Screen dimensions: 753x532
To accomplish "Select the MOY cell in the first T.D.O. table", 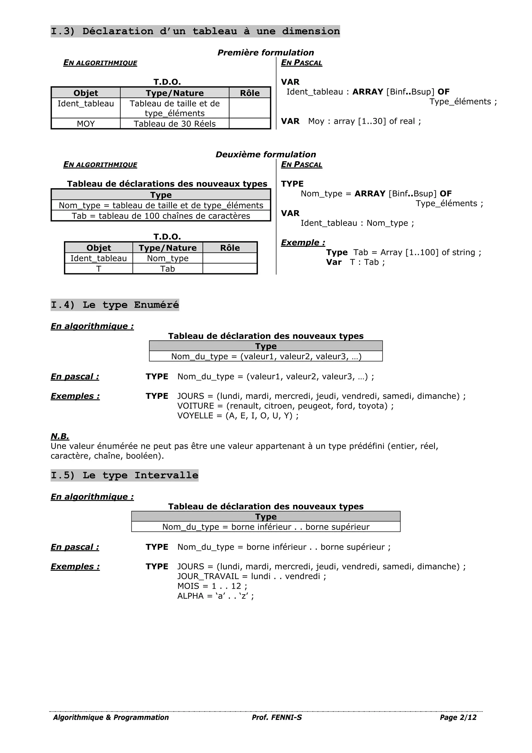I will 86,124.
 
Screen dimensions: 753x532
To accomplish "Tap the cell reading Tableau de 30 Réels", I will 175,124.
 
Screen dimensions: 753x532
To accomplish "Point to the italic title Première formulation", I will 265,53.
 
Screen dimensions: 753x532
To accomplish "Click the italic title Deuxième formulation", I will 265,154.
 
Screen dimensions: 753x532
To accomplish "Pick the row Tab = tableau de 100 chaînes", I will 161,216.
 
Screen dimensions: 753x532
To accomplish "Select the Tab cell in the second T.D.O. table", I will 167,269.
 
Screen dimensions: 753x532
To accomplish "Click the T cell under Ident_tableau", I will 99,269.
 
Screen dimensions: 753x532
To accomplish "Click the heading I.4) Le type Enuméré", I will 115,305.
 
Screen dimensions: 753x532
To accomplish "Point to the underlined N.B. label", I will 60,436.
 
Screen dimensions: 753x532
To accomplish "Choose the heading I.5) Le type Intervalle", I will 124,476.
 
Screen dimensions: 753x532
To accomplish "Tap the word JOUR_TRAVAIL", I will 208,576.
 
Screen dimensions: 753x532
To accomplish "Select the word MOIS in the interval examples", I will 188,586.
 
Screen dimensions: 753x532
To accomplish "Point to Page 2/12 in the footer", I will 458,717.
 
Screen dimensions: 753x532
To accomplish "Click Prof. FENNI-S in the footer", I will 277,717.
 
